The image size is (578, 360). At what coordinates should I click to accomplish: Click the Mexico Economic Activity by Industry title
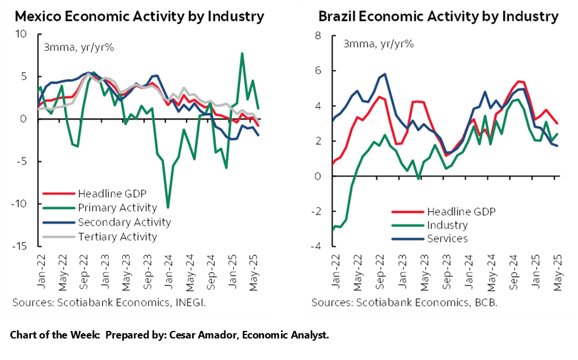pos(139,16)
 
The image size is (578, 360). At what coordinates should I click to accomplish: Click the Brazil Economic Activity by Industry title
pos(438,16)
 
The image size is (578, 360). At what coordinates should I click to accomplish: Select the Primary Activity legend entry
pos(117,208)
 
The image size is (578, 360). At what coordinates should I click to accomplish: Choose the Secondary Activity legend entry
pos(124,222)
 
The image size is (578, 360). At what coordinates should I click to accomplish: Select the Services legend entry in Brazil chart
pos(448,238)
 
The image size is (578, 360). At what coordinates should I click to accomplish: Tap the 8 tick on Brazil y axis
pos(317,35)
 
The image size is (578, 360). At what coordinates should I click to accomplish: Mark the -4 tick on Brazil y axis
pos(315,246)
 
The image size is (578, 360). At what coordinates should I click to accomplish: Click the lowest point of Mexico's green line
pos(168,207)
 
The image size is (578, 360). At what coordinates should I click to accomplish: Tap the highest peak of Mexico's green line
pos(242,54)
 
